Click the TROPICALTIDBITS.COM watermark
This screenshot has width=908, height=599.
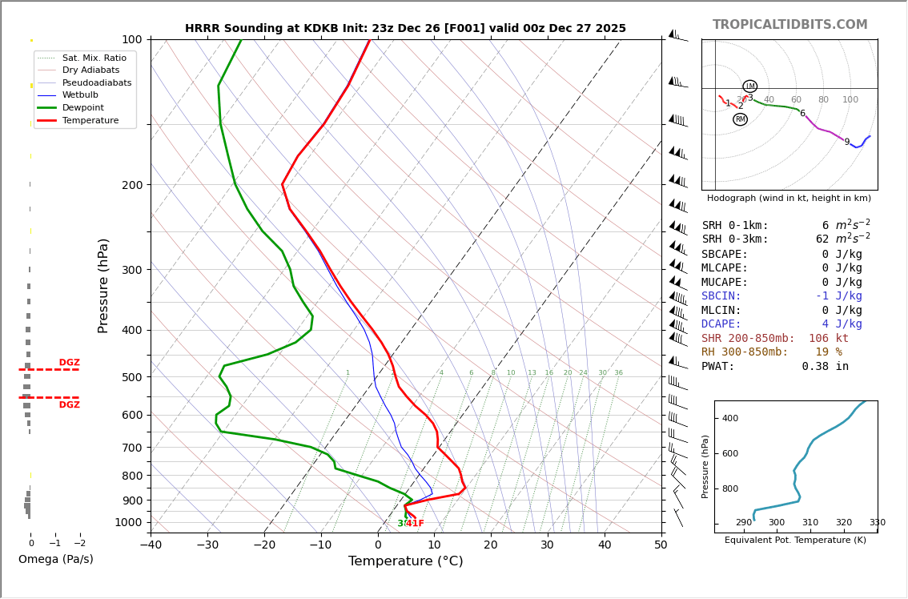[789, 25]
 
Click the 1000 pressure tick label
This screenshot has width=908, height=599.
[128, 523]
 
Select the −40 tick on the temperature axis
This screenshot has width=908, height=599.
[151, 545]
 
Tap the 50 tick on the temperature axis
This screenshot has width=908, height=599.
[661, 545]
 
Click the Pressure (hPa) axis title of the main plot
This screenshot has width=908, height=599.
[104, 285]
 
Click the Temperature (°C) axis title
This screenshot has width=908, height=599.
[405, 561]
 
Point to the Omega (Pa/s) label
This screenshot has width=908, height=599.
[55, 560]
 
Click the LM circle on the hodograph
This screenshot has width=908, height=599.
[749, 86]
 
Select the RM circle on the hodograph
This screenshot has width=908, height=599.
[740, 119]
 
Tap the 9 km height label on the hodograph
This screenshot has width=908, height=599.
[846, 143]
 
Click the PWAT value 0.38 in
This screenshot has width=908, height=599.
[825, 367]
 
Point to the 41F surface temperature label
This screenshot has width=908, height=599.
[415, 524]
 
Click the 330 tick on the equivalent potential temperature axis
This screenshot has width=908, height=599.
[877, 523]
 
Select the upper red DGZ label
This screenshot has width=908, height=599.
[69, 363]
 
